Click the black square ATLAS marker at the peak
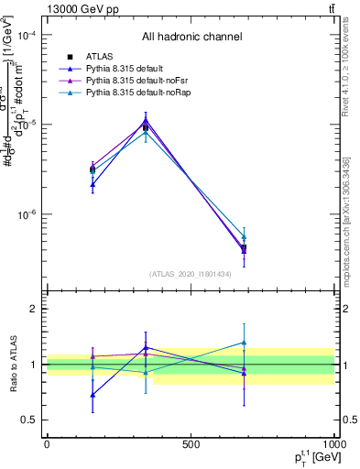click(x=146, y=127)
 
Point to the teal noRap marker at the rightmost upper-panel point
click(x=244, y=236)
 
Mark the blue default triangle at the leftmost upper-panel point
click(x=93, y=184)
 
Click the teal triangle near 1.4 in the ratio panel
click(x=244, y=343)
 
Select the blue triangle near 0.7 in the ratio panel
click(x=93, y=395)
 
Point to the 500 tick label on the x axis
click(x=191, y=443)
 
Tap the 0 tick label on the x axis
click(x=47, y=443)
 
